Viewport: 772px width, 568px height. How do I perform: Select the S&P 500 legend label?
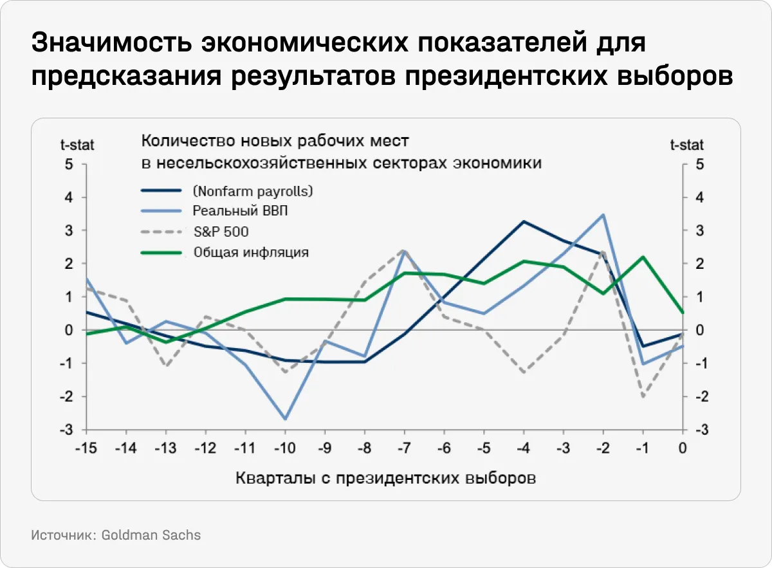[221, 232]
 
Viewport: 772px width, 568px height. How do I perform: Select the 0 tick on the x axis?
[682, 448]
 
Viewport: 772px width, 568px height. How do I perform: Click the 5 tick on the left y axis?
[69, 164]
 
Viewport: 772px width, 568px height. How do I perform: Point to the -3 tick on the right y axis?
[697, 429]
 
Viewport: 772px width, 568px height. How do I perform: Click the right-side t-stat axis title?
[686, 144]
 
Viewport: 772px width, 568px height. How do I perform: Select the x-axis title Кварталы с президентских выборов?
[386, 478]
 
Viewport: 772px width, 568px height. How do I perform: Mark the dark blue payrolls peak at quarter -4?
[524, 221]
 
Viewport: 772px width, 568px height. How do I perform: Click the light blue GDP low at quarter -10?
[284, 419]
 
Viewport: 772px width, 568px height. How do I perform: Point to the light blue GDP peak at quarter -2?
[603, 215]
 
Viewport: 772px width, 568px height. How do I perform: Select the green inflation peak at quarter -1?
[643, 257]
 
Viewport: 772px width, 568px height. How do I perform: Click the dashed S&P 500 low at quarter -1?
[643, 396]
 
